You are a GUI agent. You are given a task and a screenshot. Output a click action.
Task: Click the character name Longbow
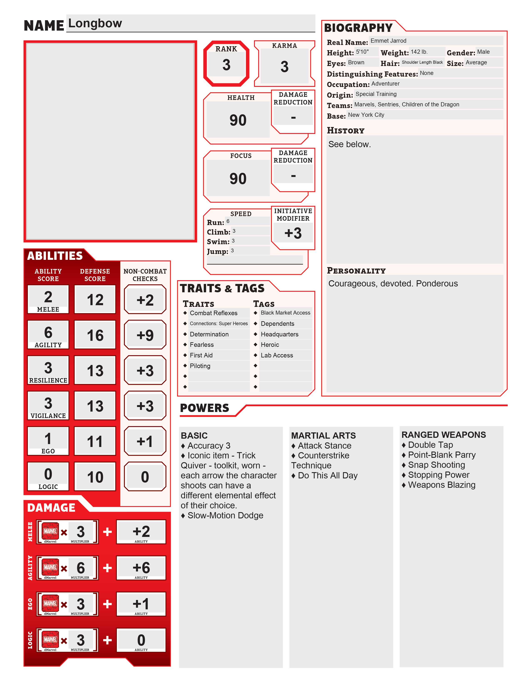[x=95, y=23]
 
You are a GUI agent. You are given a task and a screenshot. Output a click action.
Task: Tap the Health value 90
[x=238, y=120]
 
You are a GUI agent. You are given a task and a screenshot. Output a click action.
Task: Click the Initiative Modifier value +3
[x=293, y=233]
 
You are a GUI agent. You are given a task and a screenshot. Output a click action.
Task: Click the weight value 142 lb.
[x=419, y=52]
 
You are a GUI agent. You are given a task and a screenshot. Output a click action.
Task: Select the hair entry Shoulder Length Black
[x=422, y=62]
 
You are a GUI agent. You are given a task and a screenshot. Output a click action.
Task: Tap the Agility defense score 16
[x=95, y=335]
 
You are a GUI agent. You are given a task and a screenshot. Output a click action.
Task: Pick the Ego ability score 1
[x=48, y=438]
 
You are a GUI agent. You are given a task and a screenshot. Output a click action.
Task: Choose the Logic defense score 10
[x=95, y=477]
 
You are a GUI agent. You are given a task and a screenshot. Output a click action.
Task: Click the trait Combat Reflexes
[x=214, y=313]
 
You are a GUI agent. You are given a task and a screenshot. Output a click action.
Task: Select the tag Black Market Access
[x=285, y=313]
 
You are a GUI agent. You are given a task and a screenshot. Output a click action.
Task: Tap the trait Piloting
[x=200, y=366]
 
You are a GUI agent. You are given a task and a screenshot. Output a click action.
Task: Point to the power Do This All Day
[x=328, y=476]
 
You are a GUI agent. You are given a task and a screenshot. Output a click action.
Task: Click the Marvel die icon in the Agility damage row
[x=50, y=567]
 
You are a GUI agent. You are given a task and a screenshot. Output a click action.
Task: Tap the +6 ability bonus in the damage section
[x=141, y=568]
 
